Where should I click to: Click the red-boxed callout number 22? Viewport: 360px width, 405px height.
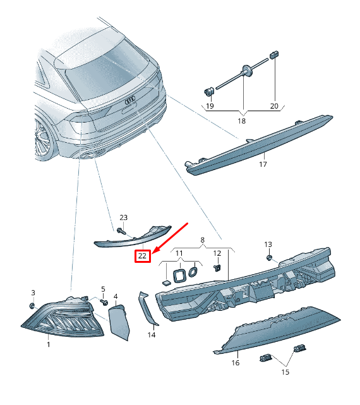pos(143,256)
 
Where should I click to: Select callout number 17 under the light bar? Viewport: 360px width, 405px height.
pos(263,164)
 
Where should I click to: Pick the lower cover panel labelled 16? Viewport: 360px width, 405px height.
pos(279,332)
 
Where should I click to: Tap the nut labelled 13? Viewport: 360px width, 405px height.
pos(269,257)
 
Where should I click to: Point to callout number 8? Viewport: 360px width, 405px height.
pos(202,240)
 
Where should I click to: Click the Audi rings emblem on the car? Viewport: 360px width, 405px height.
pos(129,99)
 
